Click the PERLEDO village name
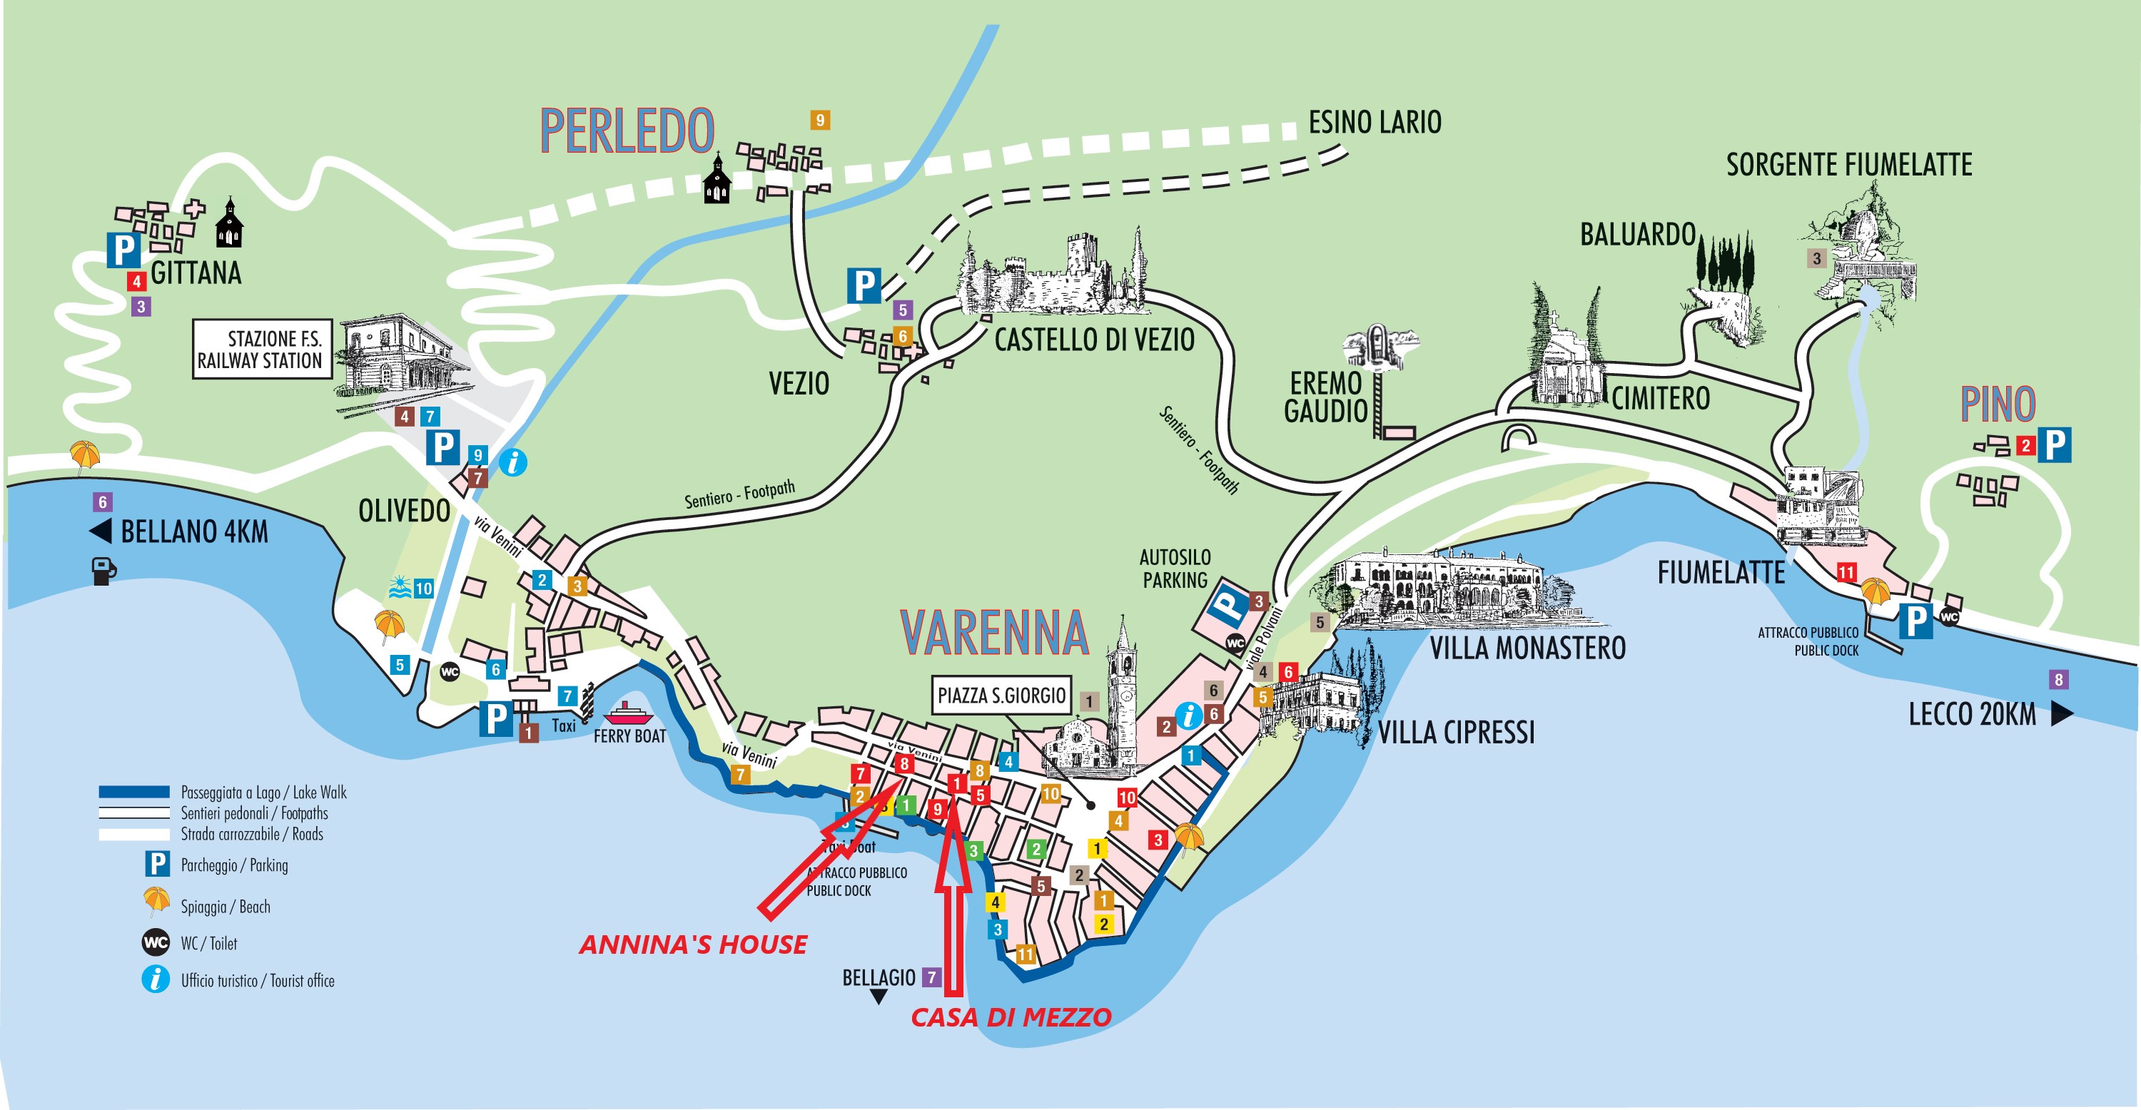coord(627,131)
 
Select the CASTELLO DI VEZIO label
coord(1094,340)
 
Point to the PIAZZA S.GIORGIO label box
coord(1001,696)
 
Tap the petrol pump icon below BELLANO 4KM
coord(103,571)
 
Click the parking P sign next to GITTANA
coord(123,249)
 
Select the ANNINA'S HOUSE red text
coord(692,944)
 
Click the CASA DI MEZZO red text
coord(1011,1017)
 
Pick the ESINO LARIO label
coord(1375,123)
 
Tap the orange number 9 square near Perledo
coord(819,121)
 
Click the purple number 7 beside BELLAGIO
coord(932,977)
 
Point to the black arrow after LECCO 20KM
coord(2061,713)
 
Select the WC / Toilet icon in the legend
coord(156,943)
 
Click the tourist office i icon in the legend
coord(156,979)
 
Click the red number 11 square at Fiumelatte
coord(1846,571)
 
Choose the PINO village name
coord(1998,404)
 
